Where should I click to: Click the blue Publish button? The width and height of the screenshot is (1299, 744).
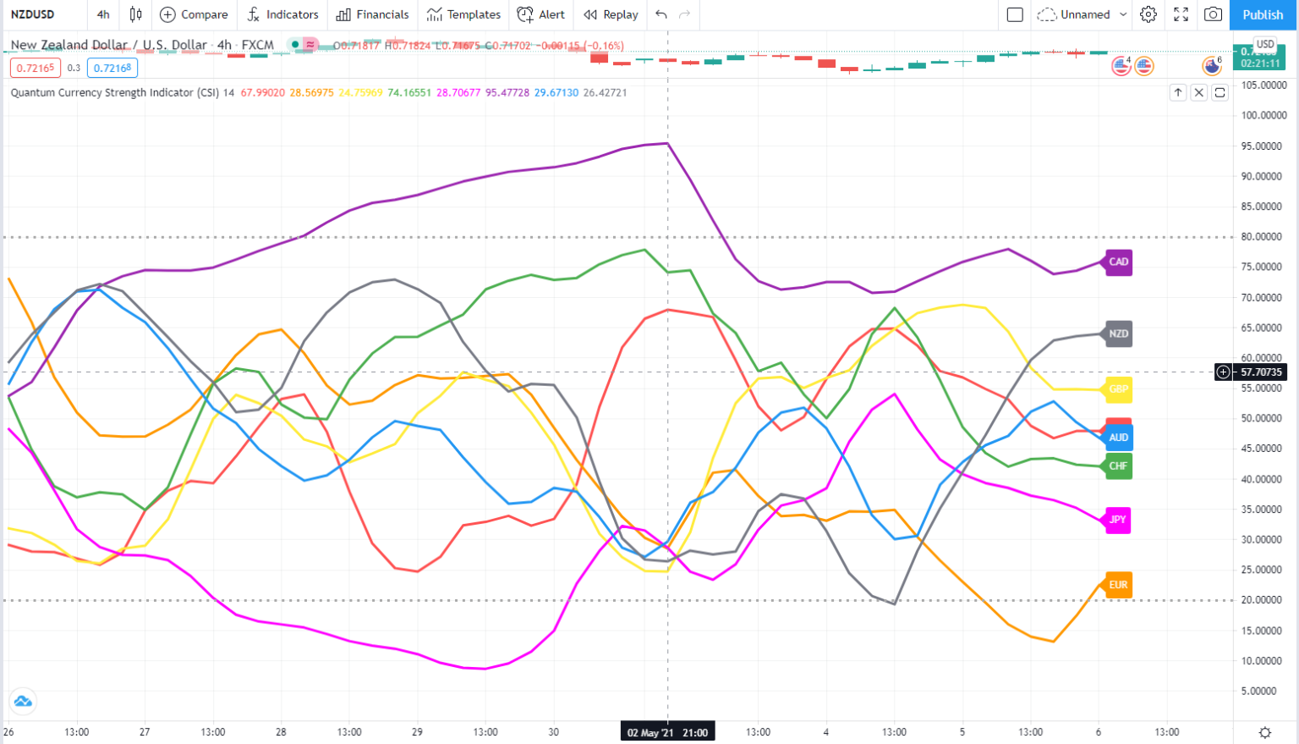pos(1263,14)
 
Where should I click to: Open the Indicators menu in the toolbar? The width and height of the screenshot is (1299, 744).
pos(282,14)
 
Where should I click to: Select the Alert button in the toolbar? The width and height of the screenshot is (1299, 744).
pos(541,14)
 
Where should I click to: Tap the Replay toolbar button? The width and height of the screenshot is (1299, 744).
pos(611,14)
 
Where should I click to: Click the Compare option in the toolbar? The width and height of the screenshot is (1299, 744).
pos(194,14)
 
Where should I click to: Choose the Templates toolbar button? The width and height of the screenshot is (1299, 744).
pos(463,14)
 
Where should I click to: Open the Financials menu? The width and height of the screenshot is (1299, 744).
pos(372,14)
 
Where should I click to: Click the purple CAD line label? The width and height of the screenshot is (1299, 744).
pos(1118,262)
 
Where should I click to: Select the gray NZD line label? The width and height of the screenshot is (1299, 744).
pos(1118,333)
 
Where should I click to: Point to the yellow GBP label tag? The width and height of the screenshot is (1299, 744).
pos(1118,389)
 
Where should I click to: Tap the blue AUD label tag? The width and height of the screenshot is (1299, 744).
pos(1118,438)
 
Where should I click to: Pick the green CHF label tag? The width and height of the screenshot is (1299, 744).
pos(1118,466)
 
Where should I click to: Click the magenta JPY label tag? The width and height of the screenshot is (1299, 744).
pos(1118,520)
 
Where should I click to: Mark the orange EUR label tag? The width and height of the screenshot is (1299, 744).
pos(1118,585)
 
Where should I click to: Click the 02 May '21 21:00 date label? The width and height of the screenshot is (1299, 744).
pos(667,732)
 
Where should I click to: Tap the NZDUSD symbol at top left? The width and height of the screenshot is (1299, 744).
pos(33,14)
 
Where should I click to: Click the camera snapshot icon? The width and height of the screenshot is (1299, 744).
pos(1213,14)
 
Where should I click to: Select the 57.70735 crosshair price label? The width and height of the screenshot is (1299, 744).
pos(1261,372)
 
